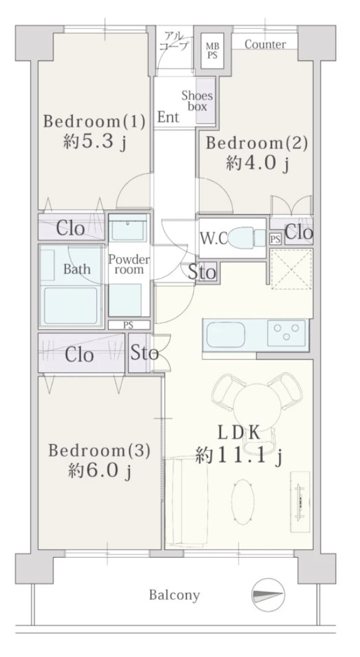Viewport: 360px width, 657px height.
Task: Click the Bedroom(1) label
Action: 94,122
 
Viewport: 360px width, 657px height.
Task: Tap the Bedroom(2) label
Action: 256,143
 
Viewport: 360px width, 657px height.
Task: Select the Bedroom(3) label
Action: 99,451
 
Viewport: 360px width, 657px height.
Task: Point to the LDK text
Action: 239,433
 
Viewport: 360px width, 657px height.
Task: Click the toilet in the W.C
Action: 246,238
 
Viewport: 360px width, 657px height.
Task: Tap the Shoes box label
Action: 197,101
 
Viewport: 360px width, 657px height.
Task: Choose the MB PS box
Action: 212,50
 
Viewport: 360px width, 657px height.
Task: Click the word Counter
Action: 265,44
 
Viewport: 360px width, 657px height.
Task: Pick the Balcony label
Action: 175,595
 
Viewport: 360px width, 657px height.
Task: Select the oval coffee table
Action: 243,502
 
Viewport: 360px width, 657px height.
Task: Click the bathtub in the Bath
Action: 71,306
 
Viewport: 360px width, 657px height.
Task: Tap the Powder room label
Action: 129,264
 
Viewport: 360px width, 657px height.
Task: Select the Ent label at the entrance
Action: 168,118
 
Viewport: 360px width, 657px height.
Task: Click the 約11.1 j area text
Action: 239,456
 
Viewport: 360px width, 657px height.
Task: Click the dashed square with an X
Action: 292,269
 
